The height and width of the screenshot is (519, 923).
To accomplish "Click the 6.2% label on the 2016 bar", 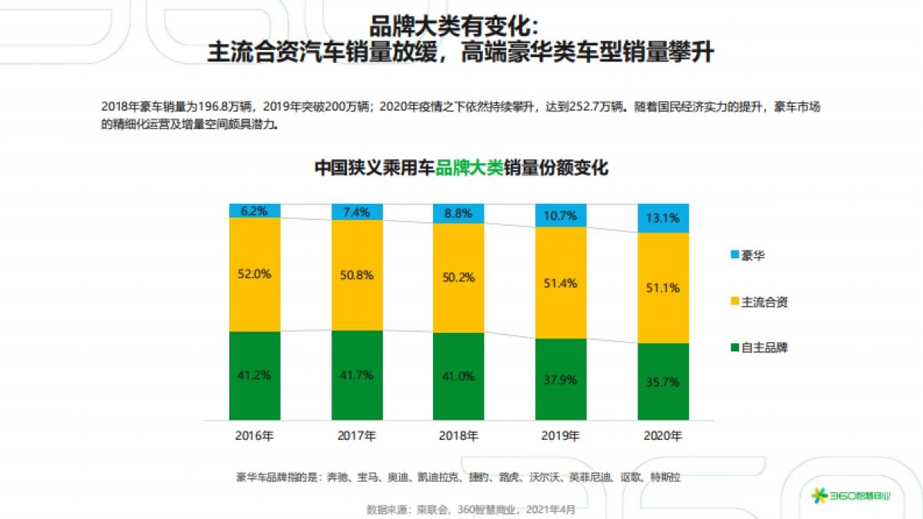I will click(255, 211).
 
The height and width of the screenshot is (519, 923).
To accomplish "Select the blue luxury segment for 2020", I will click(663, 218).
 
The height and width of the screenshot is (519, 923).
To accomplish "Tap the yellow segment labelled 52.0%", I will click(255, 274).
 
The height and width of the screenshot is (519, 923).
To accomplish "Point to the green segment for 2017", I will click(357, 376).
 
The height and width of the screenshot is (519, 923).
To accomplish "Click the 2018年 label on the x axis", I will click(458, 436).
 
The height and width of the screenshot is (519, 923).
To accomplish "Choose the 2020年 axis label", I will click(663, 436).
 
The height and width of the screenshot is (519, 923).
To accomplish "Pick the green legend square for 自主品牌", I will click(734, 348).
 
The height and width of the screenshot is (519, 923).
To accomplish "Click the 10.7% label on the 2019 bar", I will click(561, 215).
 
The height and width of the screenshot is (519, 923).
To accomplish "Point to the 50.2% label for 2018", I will click(458, 278).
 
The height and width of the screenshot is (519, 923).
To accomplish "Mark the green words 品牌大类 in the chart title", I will click(469, 168).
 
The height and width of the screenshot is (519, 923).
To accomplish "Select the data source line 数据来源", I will click(471, 509).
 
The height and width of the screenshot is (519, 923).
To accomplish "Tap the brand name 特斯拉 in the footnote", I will click(665, 477).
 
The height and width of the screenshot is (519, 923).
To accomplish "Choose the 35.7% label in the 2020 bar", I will click(663, 382).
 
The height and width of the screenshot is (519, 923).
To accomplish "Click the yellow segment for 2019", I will click(561, 283).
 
